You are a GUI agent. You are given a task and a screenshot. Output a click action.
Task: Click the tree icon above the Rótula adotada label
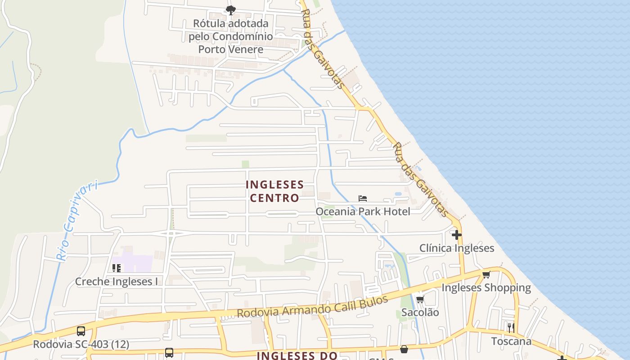click(x=231, y=10)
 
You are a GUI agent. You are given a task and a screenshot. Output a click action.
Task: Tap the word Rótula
click(x=210, y=23)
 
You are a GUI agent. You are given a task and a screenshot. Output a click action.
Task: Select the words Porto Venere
click(x=231, y=49)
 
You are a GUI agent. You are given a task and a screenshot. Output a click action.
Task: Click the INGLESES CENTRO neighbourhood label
click(x=274, y=191)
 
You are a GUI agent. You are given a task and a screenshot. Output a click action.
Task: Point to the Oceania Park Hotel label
click(x=363, y=211)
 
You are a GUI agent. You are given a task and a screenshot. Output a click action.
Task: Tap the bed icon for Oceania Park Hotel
click(x=363, y=198)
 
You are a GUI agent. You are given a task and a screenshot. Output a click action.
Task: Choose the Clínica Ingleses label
click(x=456, y=248)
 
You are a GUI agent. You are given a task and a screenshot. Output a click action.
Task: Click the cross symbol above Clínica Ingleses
click(x=457, y=235)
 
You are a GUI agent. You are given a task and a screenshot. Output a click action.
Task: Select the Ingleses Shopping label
click(x=486, y=288)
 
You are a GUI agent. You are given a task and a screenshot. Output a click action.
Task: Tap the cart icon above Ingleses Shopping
click(x=486, y=274)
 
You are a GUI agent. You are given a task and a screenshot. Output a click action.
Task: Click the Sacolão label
click(x=420, y=312)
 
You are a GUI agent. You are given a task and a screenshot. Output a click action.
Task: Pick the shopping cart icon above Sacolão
click(x=420, y=299)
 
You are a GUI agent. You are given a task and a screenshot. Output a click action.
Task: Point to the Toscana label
click(x=511, y=341)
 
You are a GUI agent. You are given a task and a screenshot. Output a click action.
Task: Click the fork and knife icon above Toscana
click(x=511, y=328)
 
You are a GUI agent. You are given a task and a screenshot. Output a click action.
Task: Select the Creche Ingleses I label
click(x=117, y=282)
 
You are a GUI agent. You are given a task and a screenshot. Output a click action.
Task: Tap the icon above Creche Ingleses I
click(x=117, y=268)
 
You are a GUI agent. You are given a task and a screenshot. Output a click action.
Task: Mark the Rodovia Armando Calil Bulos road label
click(x=312, y=307)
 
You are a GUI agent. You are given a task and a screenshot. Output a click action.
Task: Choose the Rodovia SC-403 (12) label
click(x=81, y=345)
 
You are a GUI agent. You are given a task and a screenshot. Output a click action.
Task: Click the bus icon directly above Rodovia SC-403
click(x=81, y=331)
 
